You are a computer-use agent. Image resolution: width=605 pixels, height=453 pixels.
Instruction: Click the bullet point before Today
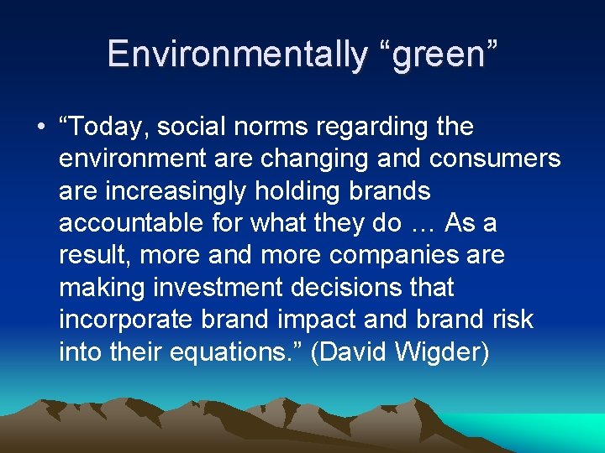41,128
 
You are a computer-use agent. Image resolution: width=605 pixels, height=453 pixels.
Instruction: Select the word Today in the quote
109,128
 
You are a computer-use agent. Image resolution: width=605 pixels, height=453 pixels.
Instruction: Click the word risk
510,320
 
